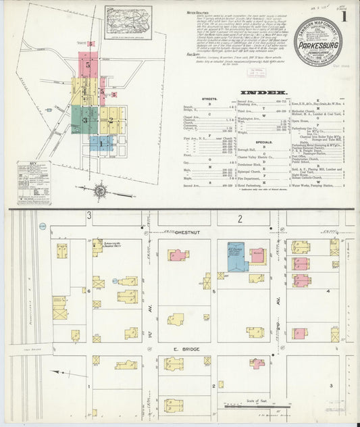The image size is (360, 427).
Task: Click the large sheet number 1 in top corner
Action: point(346,16)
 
